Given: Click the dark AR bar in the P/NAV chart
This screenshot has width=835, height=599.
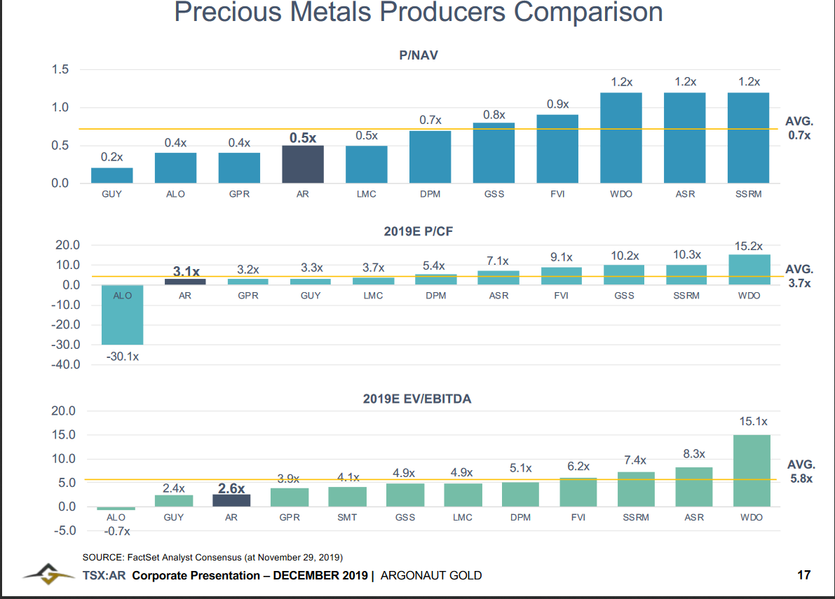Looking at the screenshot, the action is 302,164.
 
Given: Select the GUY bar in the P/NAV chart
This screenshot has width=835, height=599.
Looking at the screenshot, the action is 112,176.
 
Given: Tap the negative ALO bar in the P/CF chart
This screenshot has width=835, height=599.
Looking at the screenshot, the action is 123,315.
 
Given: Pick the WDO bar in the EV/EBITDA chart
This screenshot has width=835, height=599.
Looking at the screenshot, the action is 752,471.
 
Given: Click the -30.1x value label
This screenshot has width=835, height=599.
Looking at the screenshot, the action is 123,357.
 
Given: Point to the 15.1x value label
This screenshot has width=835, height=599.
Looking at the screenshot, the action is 753,421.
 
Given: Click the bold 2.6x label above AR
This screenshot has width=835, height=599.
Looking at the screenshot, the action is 231,488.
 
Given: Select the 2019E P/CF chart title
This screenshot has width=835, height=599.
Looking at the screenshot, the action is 418,231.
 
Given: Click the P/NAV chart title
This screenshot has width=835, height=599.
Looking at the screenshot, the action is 419,55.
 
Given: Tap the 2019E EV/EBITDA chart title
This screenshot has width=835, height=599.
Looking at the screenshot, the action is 417,399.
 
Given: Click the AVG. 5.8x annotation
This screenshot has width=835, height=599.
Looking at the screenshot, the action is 801,471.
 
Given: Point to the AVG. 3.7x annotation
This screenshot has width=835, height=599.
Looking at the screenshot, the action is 799,276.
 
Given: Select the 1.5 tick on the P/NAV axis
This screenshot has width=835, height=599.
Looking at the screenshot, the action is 60,69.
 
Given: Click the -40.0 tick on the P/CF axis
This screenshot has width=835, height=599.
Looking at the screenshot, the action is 65,364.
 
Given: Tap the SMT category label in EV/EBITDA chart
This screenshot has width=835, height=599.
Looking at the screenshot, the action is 347,517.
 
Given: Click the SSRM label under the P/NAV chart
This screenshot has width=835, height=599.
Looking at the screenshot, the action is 749,194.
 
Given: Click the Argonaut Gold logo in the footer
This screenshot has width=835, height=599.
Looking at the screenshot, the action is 48,574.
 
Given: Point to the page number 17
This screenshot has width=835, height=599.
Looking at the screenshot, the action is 803,575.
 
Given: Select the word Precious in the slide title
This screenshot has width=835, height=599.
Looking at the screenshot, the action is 228,12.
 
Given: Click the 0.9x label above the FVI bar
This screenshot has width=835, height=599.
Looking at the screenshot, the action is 557,104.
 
